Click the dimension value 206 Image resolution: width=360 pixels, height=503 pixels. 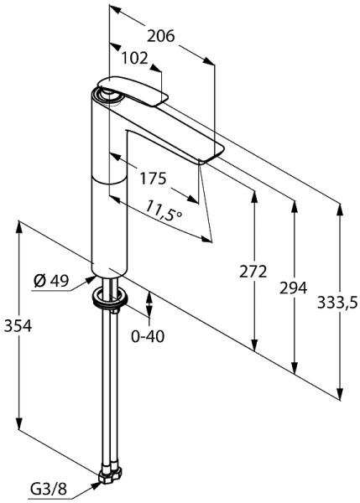point(161,36)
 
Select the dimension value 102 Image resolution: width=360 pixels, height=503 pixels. point(134,59)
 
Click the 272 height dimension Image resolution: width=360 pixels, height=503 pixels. point(253,272)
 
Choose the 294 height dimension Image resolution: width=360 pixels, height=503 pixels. point(293,288)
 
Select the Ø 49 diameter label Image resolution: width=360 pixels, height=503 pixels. point(51,282)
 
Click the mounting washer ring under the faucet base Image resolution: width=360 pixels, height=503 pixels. point(109,295)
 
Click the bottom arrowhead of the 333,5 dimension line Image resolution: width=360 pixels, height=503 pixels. point(339,391)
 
